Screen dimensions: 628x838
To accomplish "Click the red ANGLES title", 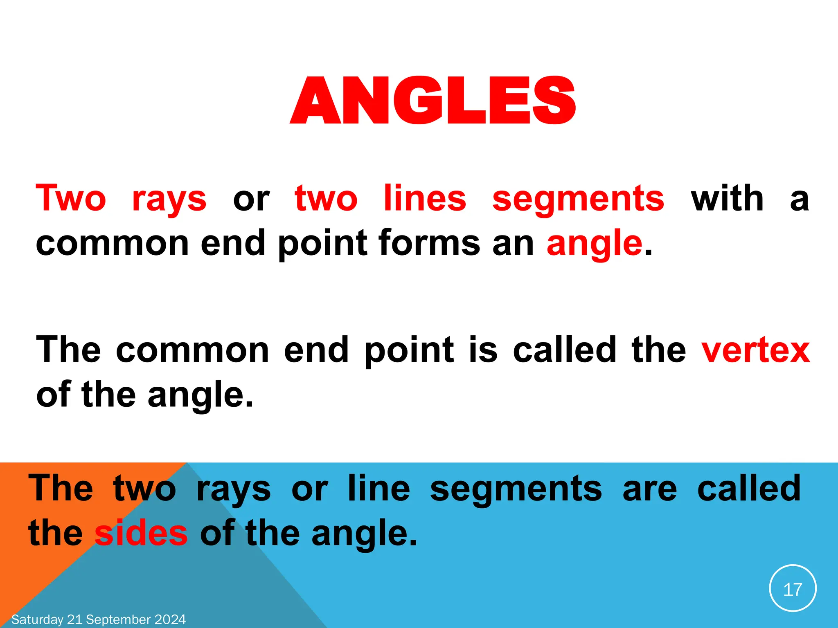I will [x=433, y=101].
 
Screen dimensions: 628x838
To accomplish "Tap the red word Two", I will [x=71, y=199].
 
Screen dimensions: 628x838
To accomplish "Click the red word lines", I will [x=425, y=199].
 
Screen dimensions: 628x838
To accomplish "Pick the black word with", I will [x=727, y=199].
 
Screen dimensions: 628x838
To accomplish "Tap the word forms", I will [x=429, y=243].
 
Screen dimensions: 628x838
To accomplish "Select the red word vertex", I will [x=755, y=350].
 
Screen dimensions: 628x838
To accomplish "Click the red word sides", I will [x=141, y=533].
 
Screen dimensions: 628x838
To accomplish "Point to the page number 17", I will [x=793, y=590].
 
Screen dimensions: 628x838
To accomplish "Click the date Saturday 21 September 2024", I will [x=99, y=619].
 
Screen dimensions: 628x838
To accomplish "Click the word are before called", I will [x=650, y=489].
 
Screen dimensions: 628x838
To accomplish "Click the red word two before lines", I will [x=326, y=199].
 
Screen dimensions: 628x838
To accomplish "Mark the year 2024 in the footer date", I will [x=170, y=619].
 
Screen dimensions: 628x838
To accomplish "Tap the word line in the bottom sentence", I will [x=378, y=488].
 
